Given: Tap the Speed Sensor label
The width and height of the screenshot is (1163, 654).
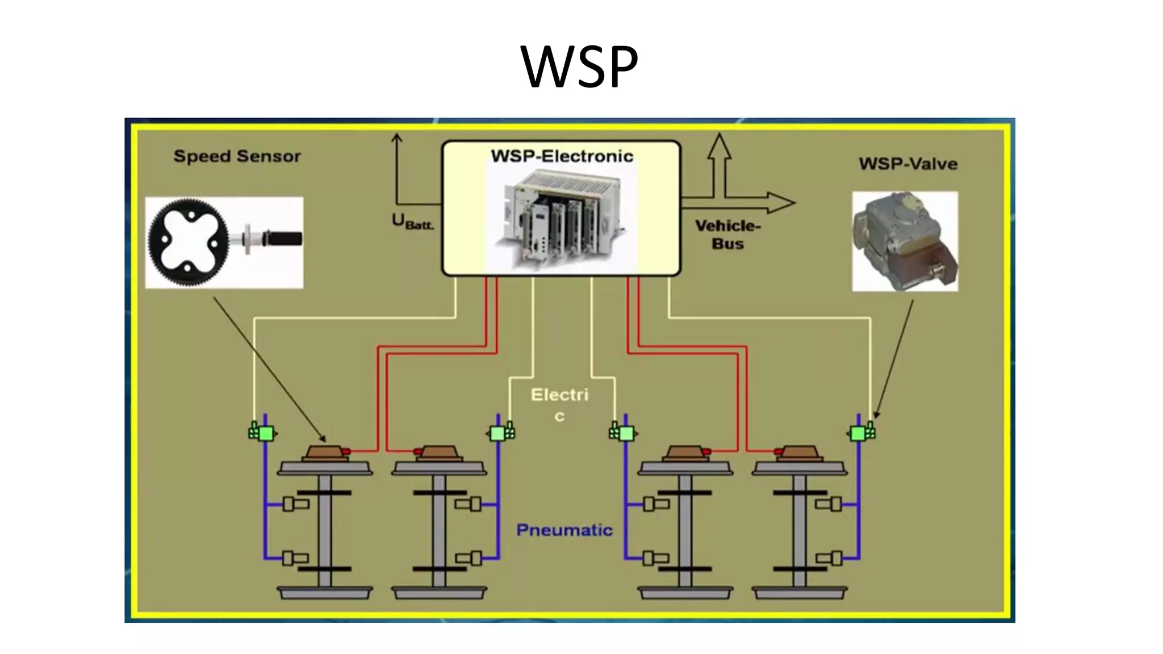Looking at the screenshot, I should (x=237, y=156).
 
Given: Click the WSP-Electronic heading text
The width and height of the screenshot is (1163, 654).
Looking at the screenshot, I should (x=562, y=156).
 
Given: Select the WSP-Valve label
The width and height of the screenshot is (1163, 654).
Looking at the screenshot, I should (x=907, y=164).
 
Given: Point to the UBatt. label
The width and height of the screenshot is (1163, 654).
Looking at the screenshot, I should (x=412, y=221).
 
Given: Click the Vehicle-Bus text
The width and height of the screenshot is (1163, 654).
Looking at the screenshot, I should (x=727, y=234).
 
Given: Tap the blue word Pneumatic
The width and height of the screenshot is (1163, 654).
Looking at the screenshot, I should (x=564, y=530).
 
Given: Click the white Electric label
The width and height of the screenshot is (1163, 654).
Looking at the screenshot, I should (x=559, y=403).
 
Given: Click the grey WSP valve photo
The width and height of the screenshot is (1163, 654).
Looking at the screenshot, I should (x=904, y=241).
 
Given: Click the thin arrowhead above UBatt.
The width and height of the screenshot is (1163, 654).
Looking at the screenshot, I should (x=397, y=138).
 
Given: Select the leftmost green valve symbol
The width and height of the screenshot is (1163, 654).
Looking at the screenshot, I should (x=264, y=434).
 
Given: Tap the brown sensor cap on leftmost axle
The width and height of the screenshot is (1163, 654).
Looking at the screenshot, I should (x=325, y=452).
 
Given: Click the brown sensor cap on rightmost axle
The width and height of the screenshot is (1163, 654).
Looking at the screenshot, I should (x=799, y=452).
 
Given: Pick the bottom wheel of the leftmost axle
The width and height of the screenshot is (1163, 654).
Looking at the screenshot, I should (x=325, y=593).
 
